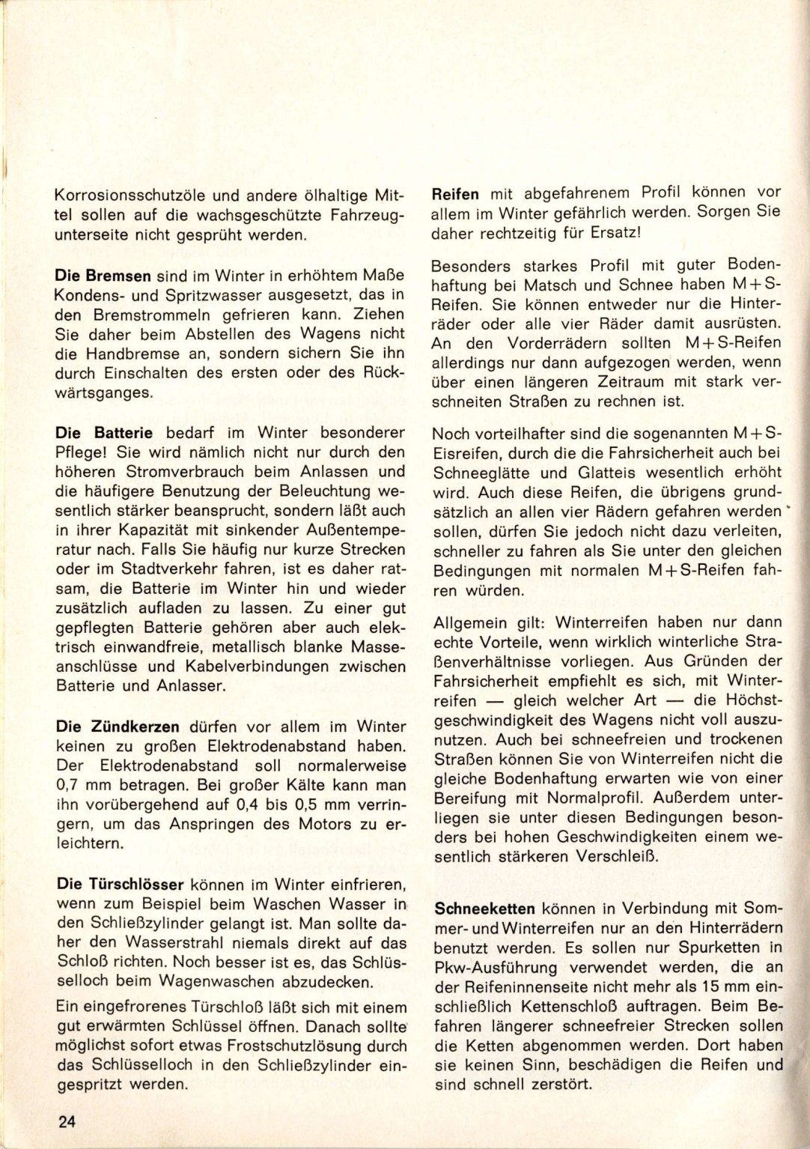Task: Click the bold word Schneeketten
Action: click(x=485, y=909)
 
